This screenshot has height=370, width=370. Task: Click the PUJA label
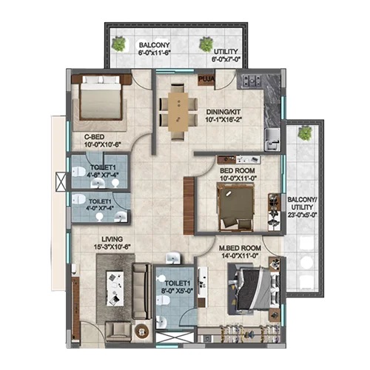point(206,79)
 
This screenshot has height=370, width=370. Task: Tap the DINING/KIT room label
point(223,112)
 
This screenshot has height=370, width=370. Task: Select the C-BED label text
point(94,137)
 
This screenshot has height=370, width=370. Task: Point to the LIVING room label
point(112,239)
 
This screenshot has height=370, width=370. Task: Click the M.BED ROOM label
point(240,248)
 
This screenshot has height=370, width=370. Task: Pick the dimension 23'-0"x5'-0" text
point(302,215)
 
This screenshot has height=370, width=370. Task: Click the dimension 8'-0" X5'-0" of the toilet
point(177,291)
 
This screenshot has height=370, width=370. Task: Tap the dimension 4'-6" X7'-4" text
point(103,175)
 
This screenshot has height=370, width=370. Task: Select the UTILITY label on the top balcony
point(226,52)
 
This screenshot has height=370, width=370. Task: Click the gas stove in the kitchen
point(252,81)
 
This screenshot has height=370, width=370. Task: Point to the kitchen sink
point(272,140)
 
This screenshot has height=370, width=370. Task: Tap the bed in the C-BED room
point(101,98)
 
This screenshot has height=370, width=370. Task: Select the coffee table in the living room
point(115,289)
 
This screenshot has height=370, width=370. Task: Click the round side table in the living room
point(142,330)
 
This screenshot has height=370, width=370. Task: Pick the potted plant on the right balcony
point(305,133)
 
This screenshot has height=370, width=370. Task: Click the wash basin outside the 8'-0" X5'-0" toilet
point(174,258)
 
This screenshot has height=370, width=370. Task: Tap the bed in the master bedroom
point(254,289)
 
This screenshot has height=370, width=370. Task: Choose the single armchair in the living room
point(118,332)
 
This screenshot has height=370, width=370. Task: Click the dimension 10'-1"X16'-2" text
point(223,120)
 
